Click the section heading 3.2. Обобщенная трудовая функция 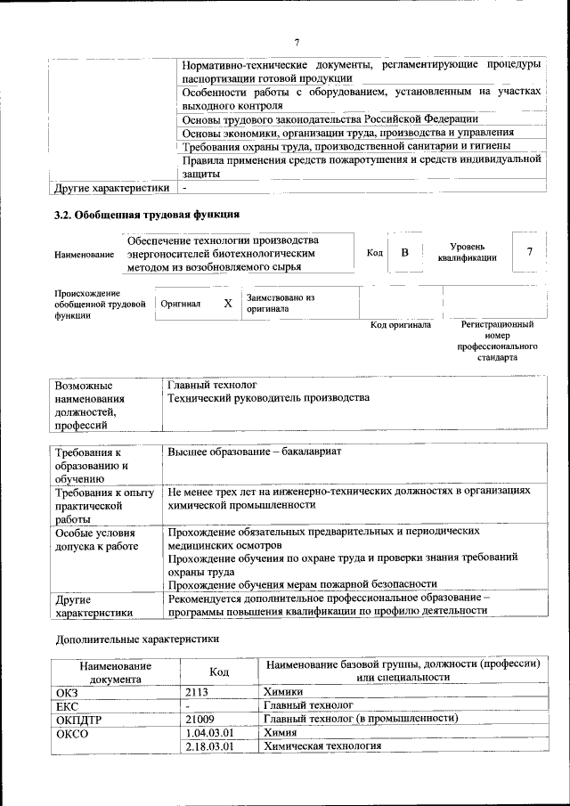pyautogui.click(x=147, y=214)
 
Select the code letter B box pyautogui.click(x=403, y=253)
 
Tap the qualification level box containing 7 pyautogui.click(x=529, y=252)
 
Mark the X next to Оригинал pyautogui.click(x=228, y=304)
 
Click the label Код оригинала pyautogui.click(x=401, y=325)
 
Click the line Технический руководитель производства pyautogui.click(x=268, y=398)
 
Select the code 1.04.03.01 pyautogui.click(x=208, y=731)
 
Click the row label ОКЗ pyautogui.click(x=68, y=690)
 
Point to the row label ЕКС pyautogui.click(x=68, y=704)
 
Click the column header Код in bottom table pyautogui.click(x=219, y=672)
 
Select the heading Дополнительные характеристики pyautogui.click(x=137, y=639)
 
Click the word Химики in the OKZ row pyautogui.click(x=283, y=690)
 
